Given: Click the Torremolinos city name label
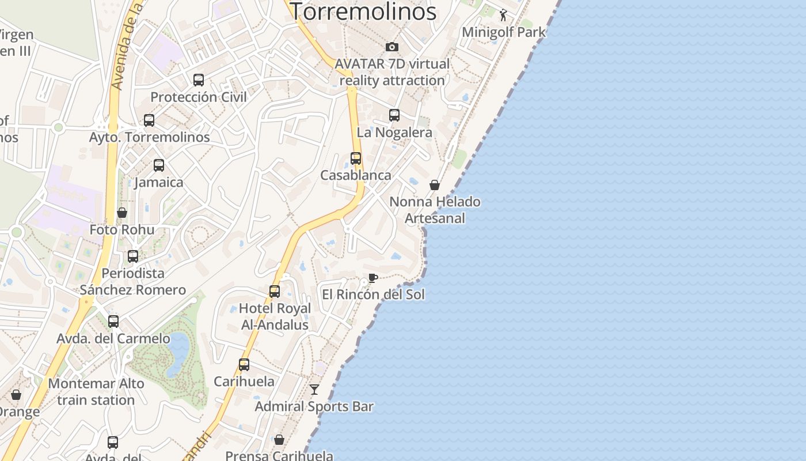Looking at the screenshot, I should pos(363,11).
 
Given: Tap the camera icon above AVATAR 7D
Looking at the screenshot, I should pos(392,47).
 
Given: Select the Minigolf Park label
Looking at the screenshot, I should pos(503,32).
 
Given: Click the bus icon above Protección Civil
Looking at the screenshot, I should pos(199,80).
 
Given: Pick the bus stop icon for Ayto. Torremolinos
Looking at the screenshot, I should pos(149,120).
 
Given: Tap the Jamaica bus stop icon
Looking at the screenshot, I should pos(159,165).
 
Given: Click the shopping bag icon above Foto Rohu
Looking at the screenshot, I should pos(122,213).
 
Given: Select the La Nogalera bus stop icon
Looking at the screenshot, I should pos(394,115).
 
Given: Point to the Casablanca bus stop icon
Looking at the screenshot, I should pos(356,158).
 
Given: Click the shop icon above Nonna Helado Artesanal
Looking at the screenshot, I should pos(435,184).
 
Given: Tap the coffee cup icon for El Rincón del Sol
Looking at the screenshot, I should pos(373,278).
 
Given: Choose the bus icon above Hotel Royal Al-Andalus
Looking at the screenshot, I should pos(275,291).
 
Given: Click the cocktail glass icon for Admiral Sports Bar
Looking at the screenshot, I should pos(314,390).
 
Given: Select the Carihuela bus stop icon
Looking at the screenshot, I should pos(244,364).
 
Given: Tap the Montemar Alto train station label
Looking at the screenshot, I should pos(96,391).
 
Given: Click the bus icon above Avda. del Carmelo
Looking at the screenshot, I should pos(113,321).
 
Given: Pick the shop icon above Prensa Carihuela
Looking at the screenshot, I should pos(279,440).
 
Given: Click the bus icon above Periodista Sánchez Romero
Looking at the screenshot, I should pos(133,256).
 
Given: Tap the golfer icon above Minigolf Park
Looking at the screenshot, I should pos(504,15).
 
